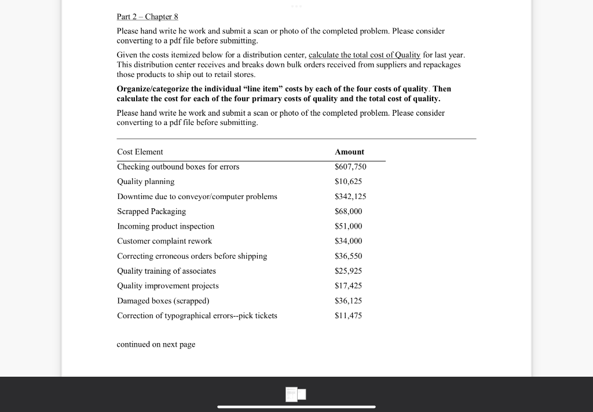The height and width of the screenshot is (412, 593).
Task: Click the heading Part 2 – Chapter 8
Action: pos(144,17)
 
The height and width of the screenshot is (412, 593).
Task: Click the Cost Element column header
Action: pos(140,152)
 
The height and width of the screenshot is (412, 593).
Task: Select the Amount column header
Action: pos(349,152)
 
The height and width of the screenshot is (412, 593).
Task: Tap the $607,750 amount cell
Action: pos(350,167)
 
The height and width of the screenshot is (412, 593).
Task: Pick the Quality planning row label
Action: pos(146,182)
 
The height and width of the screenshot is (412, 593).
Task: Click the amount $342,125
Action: pos(350,197)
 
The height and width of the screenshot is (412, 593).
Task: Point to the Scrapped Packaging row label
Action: pos(152,212)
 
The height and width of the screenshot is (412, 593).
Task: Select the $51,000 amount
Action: pos(349,226)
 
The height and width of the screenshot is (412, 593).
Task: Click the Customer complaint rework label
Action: pos(164,241)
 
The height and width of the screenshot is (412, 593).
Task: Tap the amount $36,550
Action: pos(349,256)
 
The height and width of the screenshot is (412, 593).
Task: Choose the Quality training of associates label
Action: pos(166,271)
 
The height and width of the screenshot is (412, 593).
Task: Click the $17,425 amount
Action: pos(349,286)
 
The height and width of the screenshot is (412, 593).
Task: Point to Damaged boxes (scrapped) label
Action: pos(163,301)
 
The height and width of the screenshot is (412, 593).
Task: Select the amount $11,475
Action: pos(349,316)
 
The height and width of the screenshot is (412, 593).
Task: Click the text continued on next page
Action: pos(156,344)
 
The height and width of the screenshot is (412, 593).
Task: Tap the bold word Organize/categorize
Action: pos(153,89)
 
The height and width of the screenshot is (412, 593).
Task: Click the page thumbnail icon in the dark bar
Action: pos(295,395)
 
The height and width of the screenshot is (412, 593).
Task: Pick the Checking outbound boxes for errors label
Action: pos(178,167)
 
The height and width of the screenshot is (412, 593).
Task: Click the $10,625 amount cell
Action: pos(349,182)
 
